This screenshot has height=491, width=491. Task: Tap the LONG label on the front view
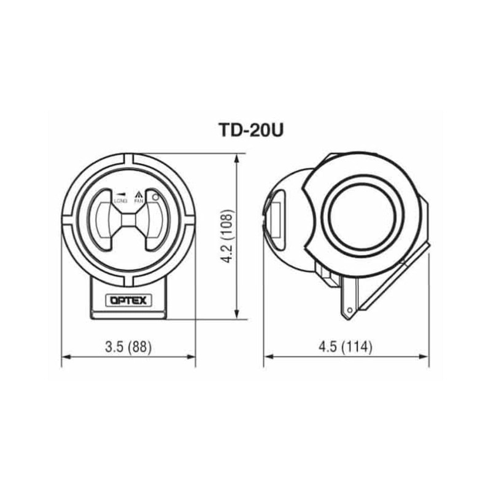tap(120, 200)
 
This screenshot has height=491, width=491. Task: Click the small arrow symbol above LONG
tap(120, 192)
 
